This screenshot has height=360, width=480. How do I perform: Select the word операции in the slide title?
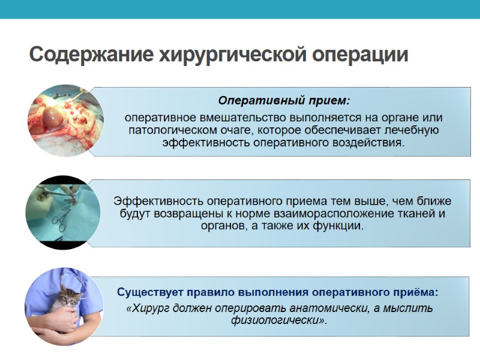[361, 55]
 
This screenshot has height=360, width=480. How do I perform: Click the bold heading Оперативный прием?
[283, 100]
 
